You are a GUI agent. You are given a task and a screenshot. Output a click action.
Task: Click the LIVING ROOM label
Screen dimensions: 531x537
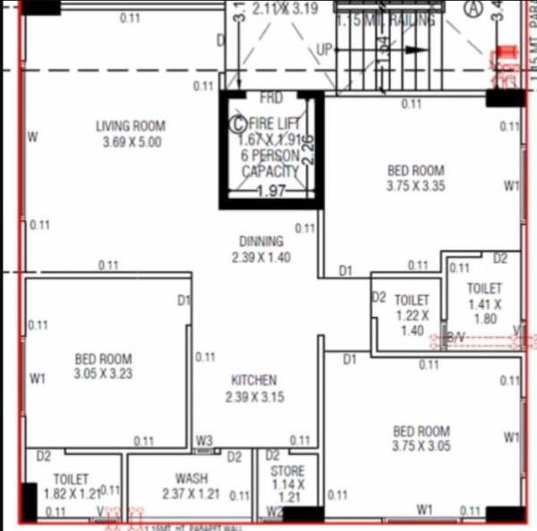tap(130, 126)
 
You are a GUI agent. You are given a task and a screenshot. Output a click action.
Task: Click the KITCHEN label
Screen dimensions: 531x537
tap(253, 381)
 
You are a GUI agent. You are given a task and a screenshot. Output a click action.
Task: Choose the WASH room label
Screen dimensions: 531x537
tap(192, 479)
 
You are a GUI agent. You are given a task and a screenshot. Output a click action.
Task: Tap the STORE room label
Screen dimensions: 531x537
tap(287, 471)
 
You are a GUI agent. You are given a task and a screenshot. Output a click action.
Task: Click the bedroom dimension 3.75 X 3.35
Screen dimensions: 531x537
tap(415, 186)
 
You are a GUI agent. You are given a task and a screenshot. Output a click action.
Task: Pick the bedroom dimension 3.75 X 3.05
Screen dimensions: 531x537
tap(421, 445)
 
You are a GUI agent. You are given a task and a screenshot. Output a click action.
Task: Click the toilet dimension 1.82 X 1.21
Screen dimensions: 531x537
tap(72, 493)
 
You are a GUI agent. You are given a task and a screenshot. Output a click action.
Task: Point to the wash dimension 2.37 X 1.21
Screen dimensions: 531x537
tap(191, 494)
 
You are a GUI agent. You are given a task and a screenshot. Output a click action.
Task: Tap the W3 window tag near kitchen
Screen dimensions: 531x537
tap(205, 440)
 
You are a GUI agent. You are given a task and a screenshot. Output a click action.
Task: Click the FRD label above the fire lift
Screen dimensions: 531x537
tap(270, 97)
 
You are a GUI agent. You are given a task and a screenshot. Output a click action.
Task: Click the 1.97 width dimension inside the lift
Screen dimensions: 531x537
tap(270, 191)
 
